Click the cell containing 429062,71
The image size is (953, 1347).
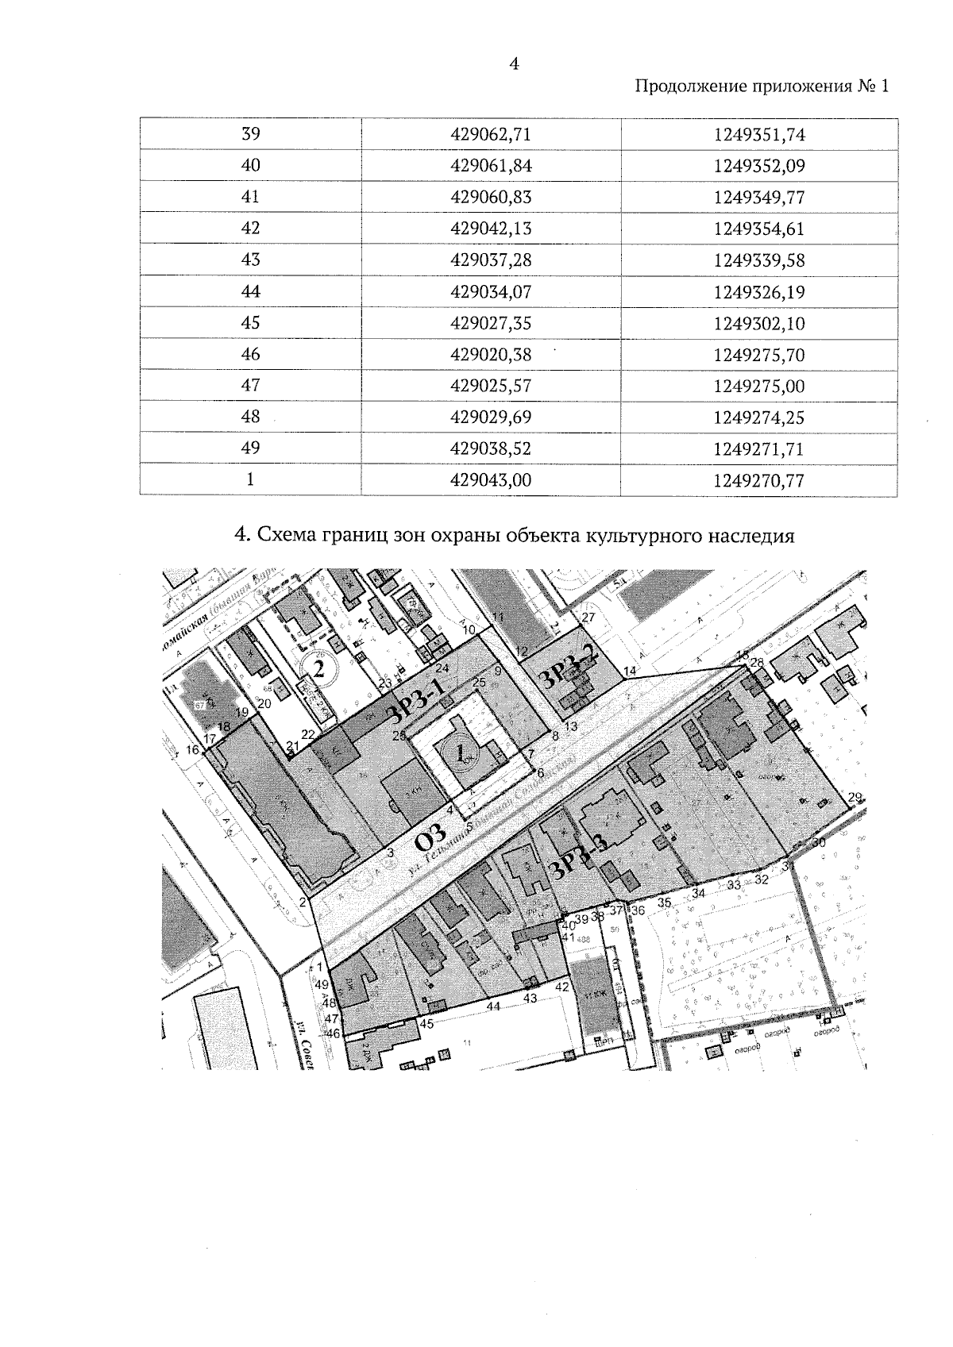490,134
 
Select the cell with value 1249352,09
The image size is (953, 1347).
759,166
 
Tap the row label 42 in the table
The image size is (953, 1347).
250,229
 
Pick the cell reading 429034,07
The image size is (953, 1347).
490,291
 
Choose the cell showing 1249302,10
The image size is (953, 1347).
759,323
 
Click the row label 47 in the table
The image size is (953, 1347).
250,386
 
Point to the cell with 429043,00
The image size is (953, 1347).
490,479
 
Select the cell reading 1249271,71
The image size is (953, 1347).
759,448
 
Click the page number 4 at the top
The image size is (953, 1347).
514,64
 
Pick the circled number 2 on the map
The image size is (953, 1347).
319,668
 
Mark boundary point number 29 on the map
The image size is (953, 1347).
855,798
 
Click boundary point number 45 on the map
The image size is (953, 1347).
426,1023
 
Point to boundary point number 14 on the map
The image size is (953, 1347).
630,672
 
